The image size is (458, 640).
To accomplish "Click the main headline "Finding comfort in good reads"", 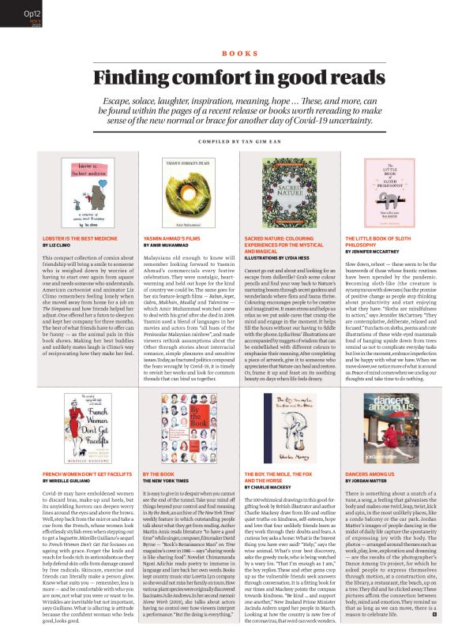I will [x=229, y=78].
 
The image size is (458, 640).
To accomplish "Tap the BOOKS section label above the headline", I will [x=229, y=54].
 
